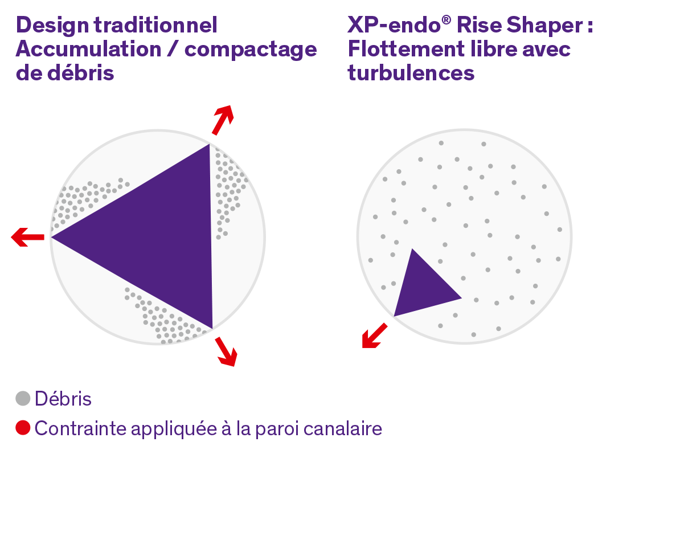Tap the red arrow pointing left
[28, 237]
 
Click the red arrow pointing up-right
[223, 120]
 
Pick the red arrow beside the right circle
[375, 336]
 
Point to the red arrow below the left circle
[226, 351]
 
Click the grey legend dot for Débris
[23, 398]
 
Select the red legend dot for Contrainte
[23, 428]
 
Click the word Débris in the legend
[63, 399]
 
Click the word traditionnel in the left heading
[155, 25]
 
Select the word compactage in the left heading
[251, 50]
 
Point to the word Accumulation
[88, 49]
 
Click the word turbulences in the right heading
[411, 73]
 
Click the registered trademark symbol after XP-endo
[446, 19]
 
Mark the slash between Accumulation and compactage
[173, 49]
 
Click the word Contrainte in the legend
[80, 429]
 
